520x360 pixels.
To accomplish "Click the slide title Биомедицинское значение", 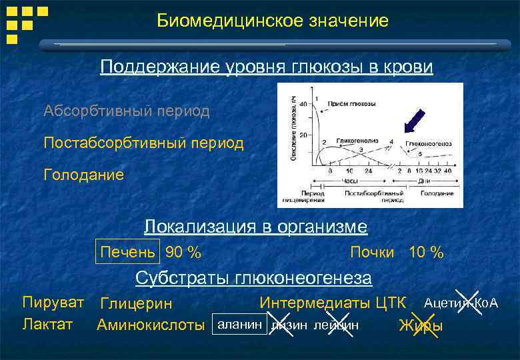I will [273, 21].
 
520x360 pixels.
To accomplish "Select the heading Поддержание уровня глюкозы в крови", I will [267, 68].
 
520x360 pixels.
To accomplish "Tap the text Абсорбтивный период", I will [126, 111].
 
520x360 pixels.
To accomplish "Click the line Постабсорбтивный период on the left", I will [143, 143].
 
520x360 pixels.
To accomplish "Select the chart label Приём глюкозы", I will [351, 105].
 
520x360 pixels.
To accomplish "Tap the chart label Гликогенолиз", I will [357, 141].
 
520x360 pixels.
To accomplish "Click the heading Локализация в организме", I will [255, 227].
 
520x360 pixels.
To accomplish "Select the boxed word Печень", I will [128, 252].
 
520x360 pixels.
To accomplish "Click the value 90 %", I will [183, 253].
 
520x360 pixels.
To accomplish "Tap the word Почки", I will [372, 253].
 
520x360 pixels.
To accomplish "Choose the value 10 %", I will [426, 253].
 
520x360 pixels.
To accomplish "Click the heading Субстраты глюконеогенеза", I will [253, 277].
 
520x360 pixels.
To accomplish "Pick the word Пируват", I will [53, 302].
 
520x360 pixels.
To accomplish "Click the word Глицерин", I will [136, 303].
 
